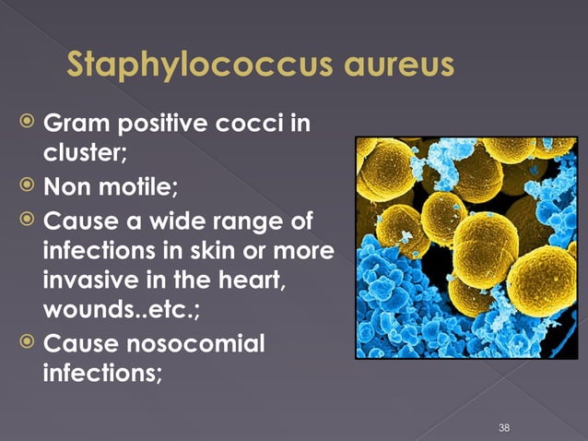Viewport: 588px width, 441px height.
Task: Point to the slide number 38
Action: (x=503, y=427)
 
